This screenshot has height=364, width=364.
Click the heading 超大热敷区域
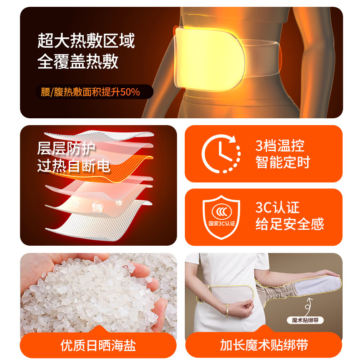pos(86,41)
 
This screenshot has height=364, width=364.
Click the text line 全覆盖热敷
pos(78,62)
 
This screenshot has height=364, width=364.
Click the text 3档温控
pos(280,146)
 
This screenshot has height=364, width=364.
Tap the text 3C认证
pos(277,208)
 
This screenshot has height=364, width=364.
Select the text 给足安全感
pos(289,224)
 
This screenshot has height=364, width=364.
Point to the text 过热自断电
pos(73,166)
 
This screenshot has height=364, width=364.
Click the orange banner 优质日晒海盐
pos(98,345)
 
